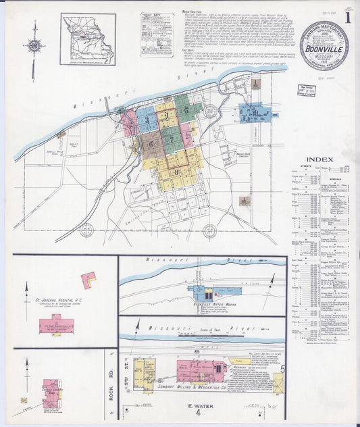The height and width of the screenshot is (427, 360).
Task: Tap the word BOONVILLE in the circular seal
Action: click(x=325, y=48)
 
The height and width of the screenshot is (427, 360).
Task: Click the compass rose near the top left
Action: click(x=34, y=47)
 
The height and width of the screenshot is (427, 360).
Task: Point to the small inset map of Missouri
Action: click(x=88, y=38)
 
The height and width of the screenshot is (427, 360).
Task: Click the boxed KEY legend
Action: click(x=157, y=34)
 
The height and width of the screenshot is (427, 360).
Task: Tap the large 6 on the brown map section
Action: click(x=150, y=143)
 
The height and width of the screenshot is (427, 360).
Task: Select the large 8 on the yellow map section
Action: click(x=176, y=172)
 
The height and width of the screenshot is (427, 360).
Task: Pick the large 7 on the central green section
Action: click(x=172, y=139)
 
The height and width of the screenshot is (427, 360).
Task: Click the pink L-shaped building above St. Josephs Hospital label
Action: click(x=88, y=278)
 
